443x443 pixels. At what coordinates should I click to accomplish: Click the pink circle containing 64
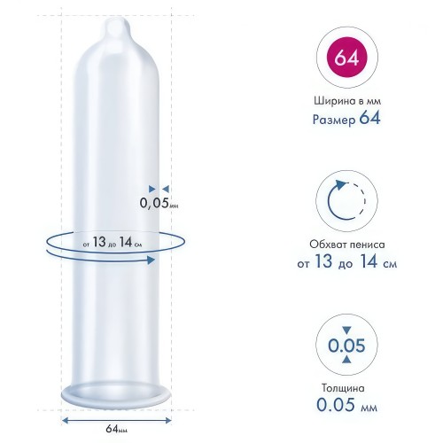[x=346, y=58]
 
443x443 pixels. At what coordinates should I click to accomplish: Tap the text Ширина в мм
[x=347, y=101]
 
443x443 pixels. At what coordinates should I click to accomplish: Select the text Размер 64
[x=346, y=119]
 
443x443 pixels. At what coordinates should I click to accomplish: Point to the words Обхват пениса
[x=347, y=245]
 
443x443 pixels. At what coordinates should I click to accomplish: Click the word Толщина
[x=343, y=388]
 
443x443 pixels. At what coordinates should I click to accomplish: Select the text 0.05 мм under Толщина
[x=346, y=405]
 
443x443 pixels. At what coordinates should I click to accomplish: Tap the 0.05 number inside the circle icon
[x=346, y=346]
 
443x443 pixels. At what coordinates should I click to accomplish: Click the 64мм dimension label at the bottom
[x=116, y=429]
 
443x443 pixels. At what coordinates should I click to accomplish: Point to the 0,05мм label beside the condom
[x=159, y=203]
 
